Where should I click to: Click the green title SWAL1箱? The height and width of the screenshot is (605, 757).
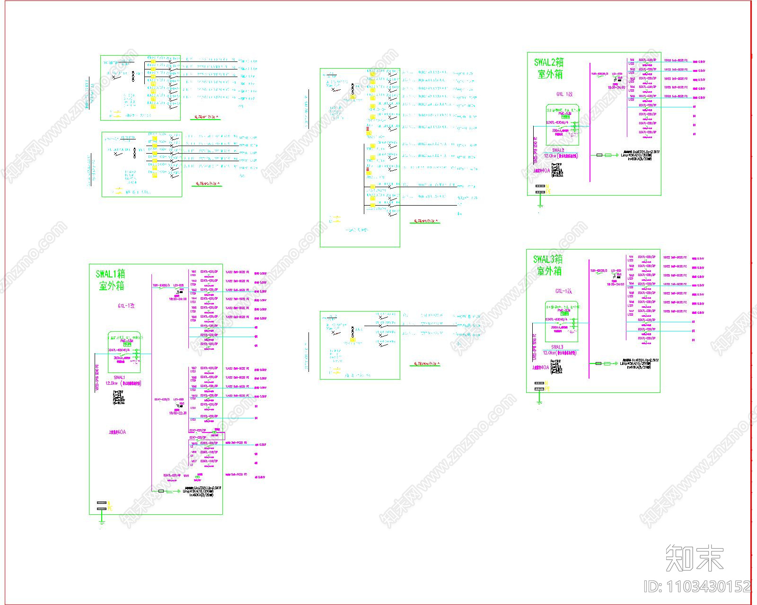(x=110, y=274)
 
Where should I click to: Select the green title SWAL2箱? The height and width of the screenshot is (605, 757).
(x=549, y=62)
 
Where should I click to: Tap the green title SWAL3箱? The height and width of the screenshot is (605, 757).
(x=548, y=259)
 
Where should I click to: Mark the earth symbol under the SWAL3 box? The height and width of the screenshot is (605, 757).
(x=539, y=403)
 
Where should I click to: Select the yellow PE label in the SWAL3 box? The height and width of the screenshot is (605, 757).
(x=548, y=389)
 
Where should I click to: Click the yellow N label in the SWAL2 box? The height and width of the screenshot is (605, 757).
(x=548, y=186)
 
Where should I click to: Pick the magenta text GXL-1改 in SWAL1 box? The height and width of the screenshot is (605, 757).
(x=126, y=306)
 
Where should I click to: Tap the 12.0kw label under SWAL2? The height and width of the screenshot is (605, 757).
(x=550, y=156)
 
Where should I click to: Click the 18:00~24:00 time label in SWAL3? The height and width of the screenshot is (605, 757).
(x=616, y=284)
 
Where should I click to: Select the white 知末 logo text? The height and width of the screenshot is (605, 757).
(x=695, y=558)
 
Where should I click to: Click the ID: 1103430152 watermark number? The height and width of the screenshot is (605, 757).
(x=697, y=587)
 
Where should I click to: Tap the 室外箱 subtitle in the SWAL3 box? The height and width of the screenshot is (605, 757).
(x=549, y=271)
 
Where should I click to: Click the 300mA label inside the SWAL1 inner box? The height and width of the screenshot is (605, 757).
(x=119, y=358)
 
